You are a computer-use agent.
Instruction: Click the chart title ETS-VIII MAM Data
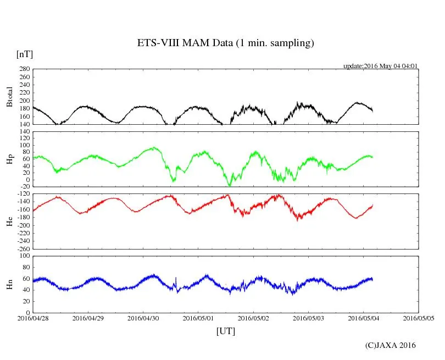pyautogui.click(x=225, y=43)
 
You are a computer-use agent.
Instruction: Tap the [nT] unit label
pyautogui.click(x=24, y=54)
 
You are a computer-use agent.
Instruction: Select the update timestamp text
pyautogui.click(x=381, y=66)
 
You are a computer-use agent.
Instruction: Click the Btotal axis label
pyautogui.click(x=9, y=97)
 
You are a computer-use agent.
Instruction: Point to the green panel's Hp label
pyautogui.click(x=9, y=159)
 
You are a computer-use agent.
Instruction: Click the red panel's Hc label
pyautogui.click(x=9, y=221)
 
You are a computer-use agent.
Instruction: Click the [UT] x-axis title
pyautogui.click(x=226, y=331)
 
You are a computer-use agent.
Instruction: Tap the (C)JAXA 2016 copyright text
pyautogui.click(x=391, y=345)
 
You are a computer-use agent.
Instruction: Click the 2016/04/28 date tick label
pyautogui.click(x=33, y=318)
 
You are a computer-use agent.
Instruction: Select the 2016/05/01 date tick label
pyautogui.click(x=198, y=318)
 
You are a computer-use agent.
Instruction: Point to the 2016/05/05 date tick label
pyautogui.click(x=419, y=318)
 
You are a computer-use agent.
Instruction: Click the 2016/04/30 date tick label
pyautogui.click(x=143, y=318)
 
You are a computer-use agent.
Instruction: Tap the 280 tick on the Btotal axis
pyautogui.click(x=24, y=69)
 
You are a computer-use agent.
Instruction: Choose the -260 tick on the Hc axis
pyautogui.click(x=23, y=248)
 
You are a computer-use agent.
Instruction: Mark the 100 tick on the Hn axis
pyautogui.click(x=24, y=256)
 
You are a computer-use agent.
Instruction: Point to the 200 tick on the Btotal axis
pyautogui.click(x=24, y=101)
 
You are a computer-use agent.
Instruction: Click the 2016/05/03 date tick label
pyautogui.click(x=309, y=318)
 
